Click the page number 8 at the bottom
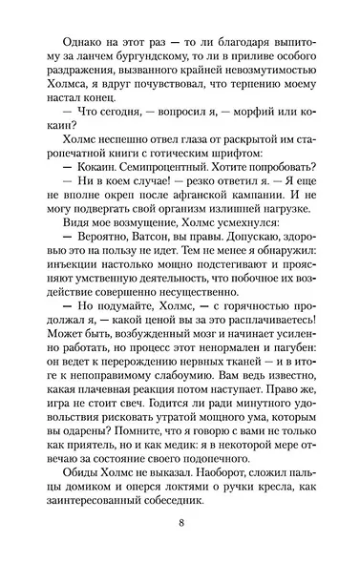(180, 523)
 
